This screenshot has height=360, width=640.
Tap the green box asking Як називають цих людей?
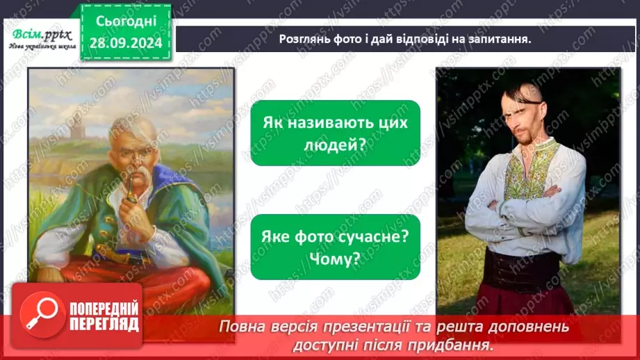[335, 133]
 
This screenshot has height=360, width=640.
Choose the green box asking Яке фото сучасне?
[335, 247]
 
